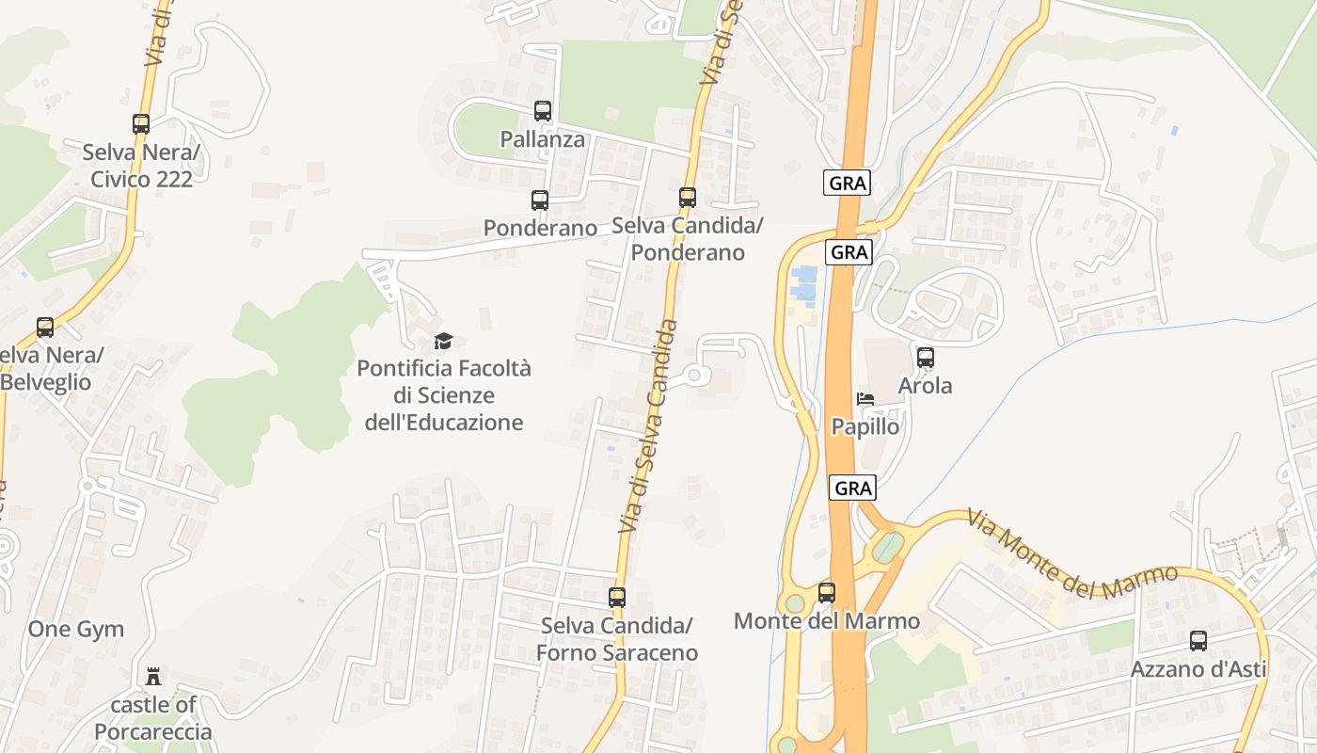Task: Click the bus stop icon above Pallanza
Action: pos(542,111)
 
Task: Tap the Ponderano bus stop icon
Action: pos(539,200)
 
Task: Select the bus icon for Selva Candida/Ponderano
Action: pos(688,198)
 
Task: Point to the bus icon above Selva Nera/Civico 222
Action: pos(141,123)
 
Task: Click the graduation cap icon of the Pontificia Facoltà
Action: pos(443,341)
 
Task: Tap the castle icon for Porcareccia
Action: pos(152,677)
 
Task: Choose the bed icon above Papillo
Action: pos(865,399)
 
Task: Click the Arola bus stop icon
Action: pos(926,358)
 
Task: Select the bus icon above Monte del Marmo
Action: pos(826,593)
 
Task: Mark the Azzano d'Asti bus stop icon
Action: pos(1198,641)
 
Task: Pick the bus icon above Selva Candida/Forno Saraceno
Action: pos(617,598)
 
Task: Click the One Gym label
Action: pos(76,630)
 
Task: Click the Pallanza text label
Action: pos(543,140)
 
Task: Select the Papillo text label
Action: pos(865,427)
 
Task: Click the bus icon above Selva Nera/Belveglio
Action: pos(45,328)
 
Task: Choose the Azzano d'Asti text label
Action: pos(1198,670)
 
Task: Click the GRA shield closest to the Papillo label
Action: pos(853,488)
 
